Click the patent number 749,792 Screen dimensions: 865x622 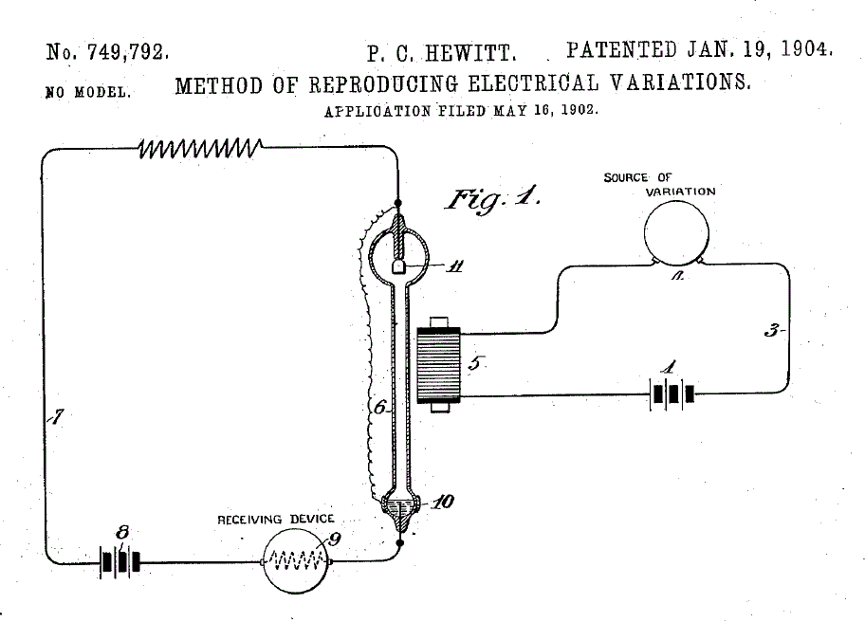tap(127, 52)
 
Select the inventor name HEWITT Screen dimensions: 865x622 tap(470, 53)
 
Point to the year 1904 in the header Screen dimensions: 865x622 tap(805, 49)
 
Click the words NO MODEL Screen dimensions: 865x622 tap(88, 92)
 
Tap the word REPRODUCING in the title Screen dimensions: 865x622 tap(383, 83)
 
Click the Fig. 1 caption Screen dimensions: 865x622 tap(492, 198)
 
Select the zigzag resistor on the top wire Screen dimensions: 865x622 tap(199, 148)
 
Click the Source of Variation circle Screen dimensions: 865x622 tap(676, 232)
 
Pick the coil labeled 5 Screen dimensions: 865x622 tap(438, 365)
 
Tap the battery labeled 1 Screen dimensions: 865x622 tap(672, 394)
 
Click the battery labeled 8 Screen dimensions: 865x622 tap(120, 562)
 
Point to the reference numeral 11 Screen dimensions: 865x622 tap(455, 266)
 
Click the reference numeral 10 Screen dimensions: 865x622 tap(442, 502)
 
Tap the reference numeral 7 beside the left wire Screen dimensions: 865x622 tap(56, 417)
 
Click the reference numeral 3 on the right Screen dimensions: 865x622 tap(771, 331)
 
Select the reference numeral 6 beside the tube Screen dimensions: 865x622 tap(379, 408)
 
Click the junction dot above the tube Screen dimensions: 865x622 tap(397, 203)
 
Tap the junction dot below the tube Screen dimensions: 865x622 tap(400, 543)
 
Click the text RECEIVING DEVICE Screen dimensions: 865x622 tap(276, 520)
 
